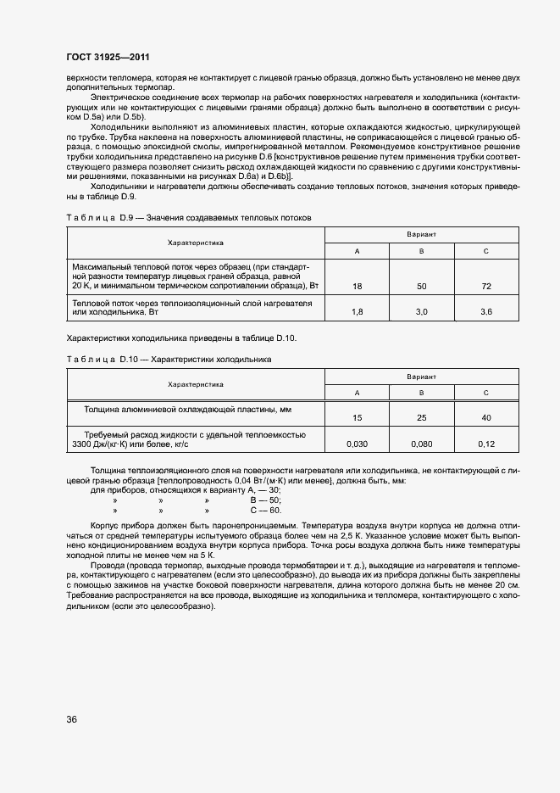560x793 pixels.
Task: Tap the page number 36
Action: point(72,719)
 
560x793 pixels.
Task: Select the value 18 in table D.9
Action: point(357,287)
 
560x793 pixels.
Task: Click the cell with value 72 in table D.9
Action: point(485,287)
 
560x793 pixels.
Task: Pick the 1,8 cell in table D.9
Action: point(357,312)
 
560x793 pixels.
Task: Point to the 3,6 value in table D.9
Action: point(485,312)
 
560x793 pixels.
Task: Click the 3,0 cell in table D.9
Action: point(421,312)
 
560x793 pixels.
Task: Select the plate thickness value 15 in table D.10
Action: point(357,417)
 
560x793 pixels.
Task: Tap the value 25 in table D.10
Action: point(421,417)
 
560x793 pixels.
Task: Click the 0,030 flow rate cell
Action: point(357,444)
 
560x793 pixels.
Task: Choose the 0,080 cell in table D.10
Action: point(421,444)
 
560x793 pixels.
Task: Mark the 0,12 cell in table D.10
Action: point(485,444)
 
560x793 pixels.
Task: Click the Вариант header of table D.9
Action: point(421,233)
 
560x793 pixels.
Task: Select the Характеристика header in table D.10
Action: point(196,384)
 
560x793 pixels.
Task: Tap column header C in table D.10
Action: point(485,393)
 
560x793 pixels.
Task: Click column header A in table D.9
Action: point(357,251)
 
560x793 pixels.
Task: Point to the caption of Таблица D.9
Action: point(189,218)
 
